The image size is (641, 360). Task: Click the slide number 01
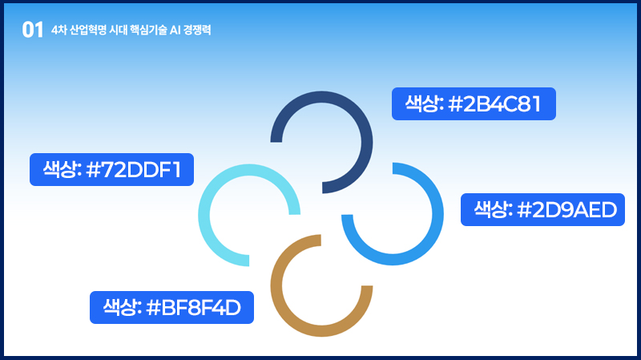(32, 30)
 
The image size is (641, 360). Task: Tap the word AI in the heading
(175, 30)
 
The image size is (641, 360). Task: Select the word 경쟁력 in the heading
(197, 30)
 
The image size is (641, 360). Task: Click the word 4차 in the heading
(58, 30)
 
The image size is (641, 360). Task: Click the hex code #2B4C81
(494, 104)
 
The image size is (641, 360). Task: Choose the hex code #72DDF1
(134, 170)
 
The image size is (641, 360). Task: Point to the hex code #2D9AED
(567, 210)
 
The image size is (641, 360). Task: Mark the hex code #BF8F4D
(193, 308)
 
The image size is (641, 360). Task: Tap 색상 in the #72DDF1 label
(62, 169)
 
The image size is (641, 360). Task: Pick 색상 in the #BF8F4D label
(123, 307)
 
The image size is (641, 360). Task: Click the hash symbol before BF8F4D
(153, 308)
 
